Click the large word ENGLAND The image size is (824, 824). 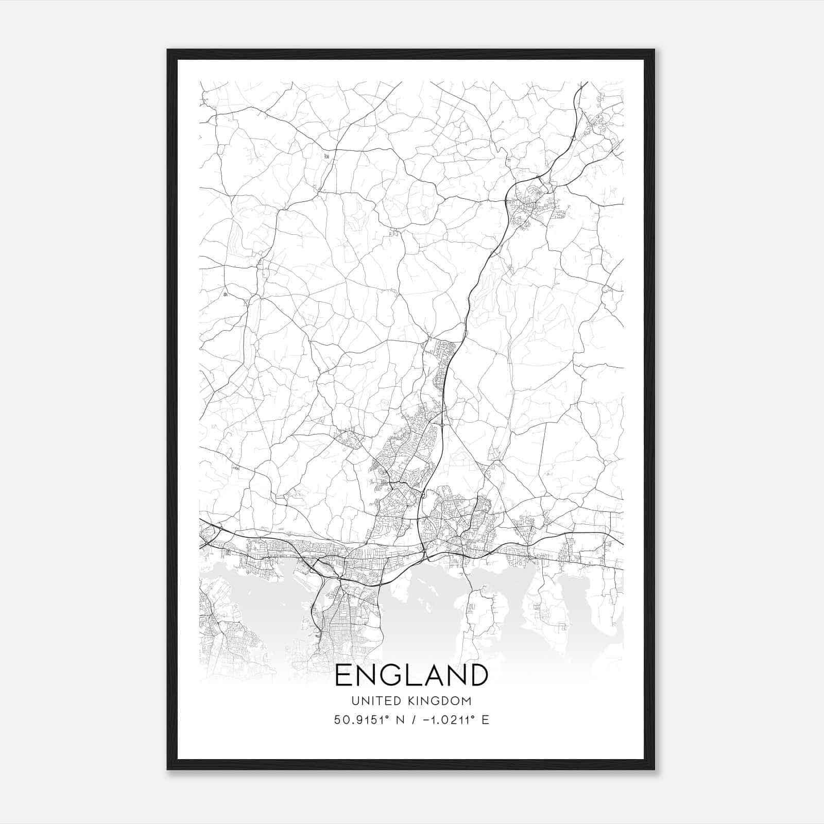(x=411, y=675)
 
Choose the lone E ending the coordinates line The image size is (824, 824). (x=485, y=720)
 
